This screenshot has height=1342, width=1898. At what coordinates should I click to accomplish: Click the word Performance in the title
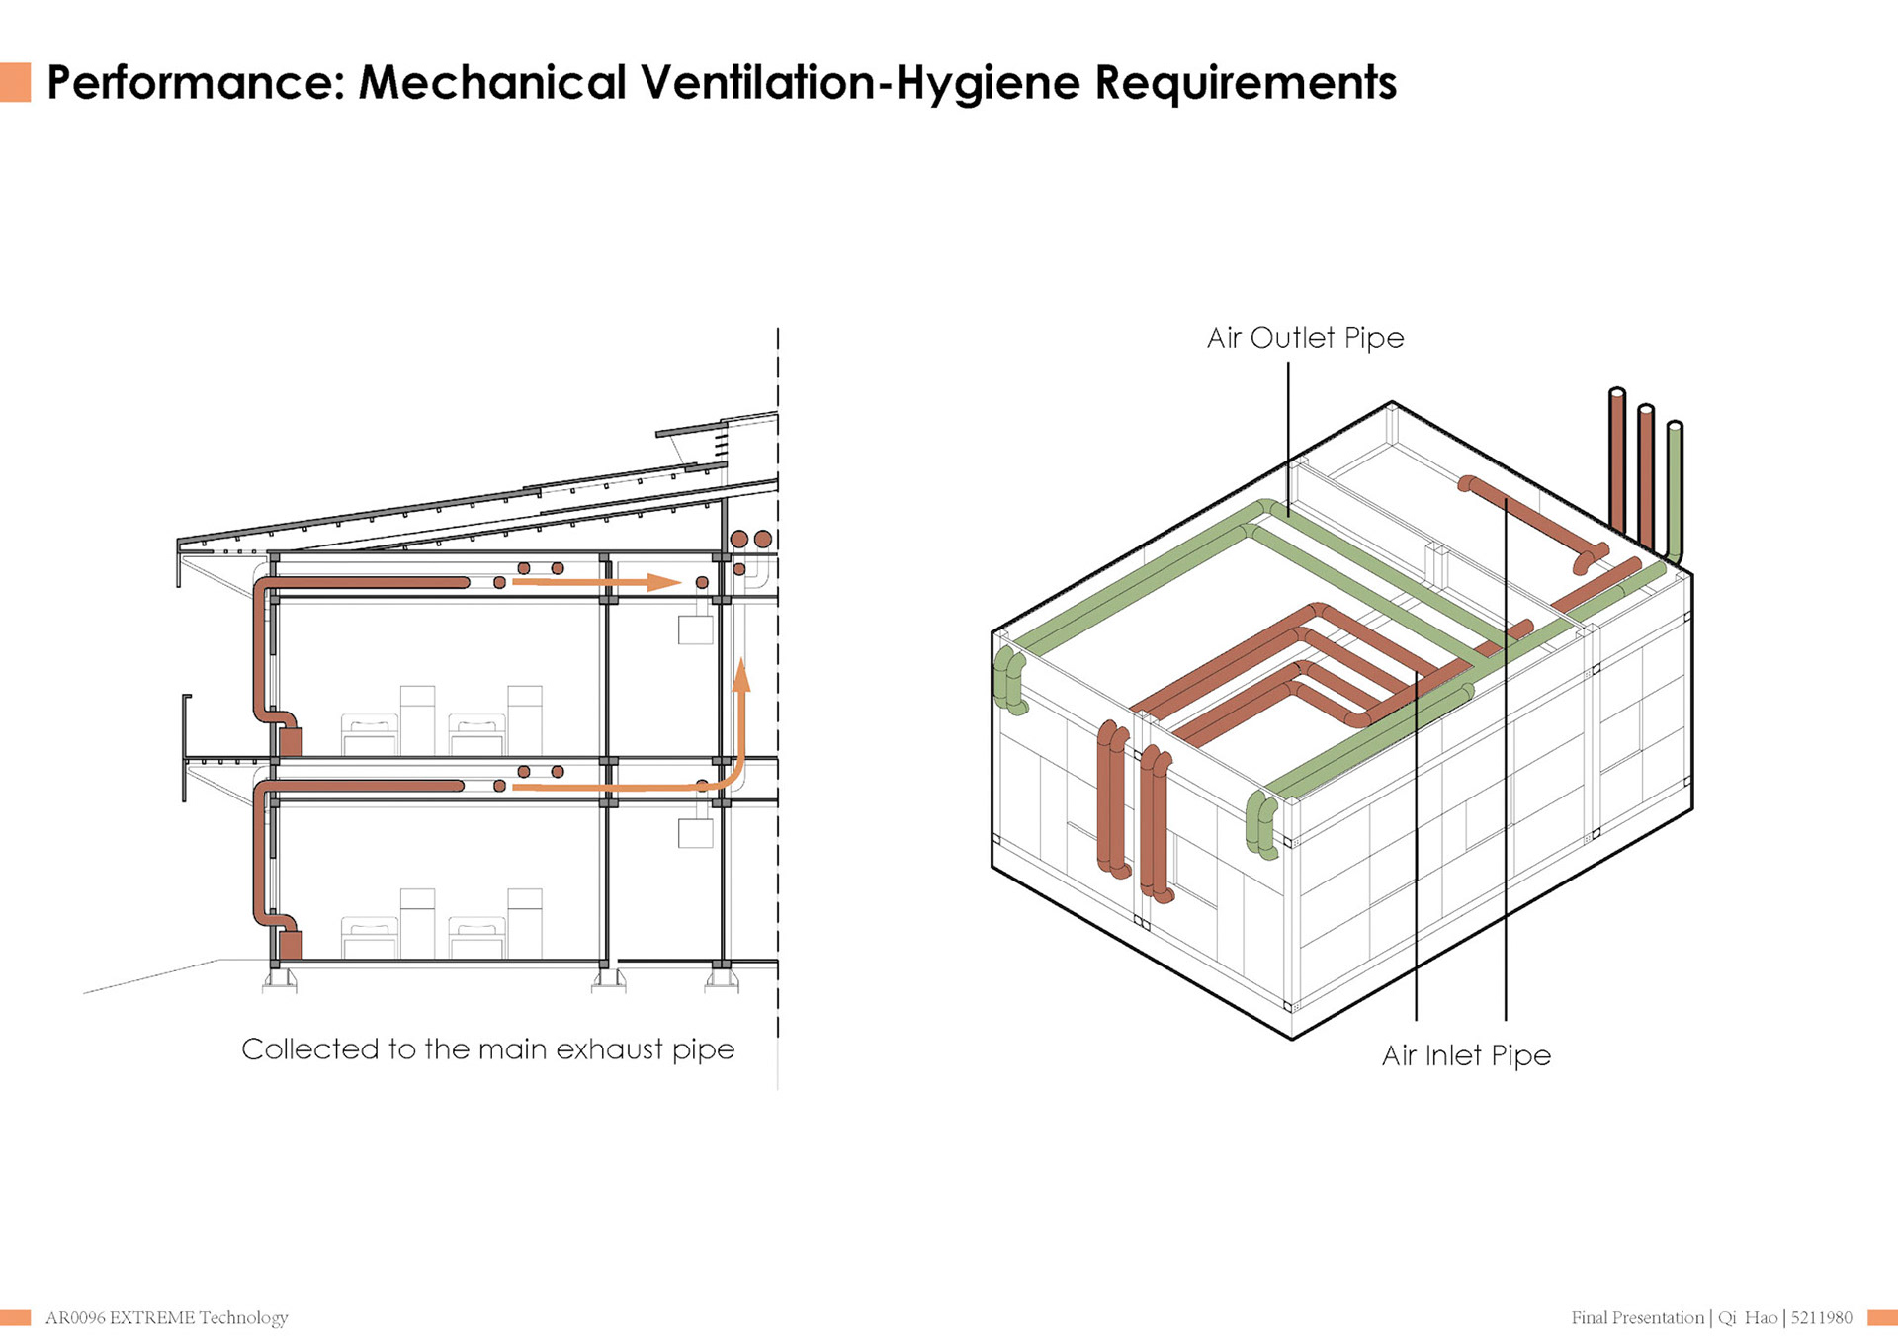188,83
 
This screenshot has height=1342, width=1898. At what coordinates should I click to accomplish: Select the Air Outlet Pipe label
1305,338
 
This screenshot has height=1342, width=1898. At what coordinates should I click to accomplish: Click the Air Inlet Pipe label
1466,1055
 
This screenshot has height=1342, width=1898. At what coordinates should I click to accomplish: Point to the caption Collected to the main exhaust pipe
488,1049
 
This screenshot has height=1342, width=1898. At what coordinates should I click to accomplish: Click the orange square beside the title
15,82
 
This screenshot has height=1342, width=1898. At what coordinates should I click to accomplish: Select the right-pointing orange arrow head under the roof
664,582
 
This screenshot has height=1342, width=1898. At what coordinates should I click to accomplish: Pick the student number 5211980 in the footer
1821,1317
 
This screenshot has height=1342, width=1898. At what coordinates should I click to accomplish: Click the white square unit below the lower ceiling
695,832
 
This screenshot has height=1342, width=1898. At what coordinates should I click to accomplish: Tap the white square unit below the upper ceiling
695,629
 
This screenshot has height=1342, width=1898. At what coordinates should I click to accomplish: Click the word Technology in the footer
243,1318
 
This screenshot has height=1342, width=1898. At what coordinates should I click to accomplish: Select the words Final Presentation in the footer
1638,1317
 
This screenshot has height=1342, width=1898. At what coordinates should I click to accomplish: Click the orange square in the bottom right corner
1882,1317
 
